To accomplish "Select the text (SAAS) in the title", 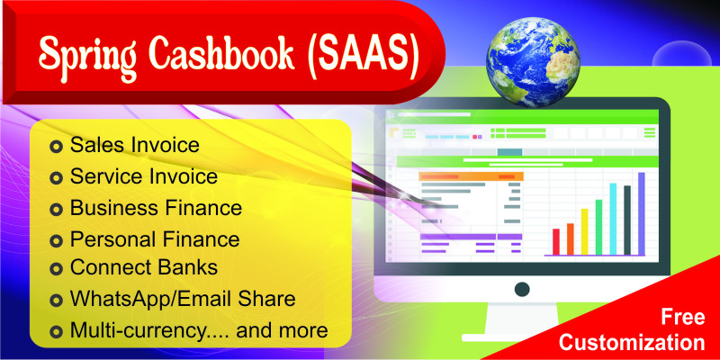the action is click(x=363, y=56).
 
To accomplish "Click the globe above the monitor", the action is click(x=533, y=62).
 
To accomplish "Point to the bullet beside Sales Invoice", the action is click(x=56, y=147).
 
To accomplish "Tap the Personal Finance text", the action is click(x=155, y=239).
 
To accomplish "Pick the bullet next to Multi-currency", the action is click(x=56, y=331).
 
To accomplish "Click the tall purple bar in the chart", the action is click(x=642, y=213).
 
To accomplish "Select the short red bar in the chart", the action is click(x=556, y=241).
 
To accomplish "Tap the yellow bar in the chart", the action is click(x=584, y=231).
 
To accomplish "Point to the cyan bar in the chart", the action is click(x=613, y=219).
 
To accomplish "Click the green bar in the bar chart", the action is click(x=598, y=227).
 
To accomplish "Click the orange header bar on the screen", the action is click(x=472, y=176).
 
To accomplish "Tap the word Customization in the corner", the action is click(x=632, y=343).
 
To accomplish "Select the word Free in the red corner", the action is click(x=683, y=318).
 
